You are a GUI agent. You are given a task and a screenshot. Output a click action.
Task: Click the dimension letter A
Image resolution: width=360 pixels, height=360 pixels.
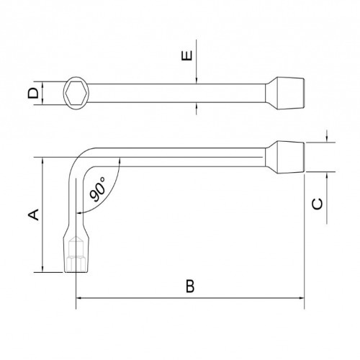[32, 214]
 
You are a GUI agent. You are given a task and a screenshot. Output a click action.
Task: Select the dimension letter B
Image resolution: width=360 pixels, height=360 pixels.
[189, 286]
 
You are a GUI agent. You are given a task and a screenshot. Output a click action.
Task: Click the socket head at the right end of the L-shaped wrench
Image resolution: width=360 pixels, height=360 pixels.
[289, 158]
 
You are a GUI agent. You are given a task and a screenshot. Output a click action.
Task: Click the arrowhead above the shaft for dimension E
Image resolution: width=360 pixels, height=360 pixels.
[197, 80]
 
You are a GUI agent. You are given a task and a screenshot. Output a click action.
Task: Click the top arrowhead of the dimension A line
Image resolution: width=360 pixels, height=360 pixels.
[42, 161]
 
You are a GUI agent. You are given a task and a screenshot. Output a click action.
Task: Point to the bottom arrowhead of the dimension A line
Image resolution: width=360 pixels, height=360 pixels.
[42, 269]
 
